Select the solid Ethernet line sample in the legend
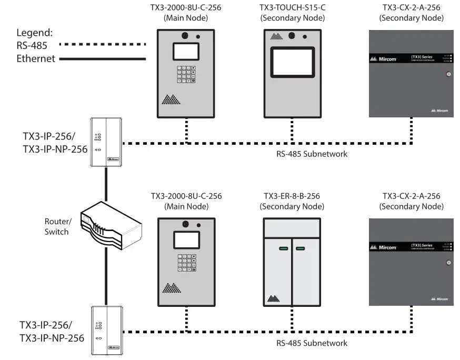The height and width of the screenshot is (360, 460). click(102, 59)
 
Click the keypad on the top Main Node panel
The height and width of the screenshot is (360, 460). click(186, 74)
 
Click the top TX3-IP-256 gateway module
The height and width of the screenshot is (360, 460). click(106, 142)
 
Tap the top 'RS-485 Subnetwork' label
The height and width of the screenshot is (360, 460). click(312, 154)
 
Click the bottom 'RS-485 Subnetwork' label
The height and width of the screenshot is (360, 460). click(312, 343)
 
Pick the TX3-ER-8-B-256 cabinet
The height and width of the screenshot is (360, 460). click(292, 262)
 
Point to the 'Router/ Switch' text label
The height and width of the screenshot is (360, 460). click(57, 227)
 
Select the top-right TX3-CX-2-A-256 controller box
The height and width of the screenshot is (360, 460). click(412, 73)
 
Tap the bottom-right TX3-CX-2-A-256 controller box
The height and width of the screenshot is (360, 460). click(412, 262)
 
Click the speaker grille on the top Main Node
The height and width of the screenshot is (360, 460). click(169, 99)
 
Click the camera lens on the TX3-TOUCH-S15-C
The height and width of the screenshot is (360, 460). click(292, 36)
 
